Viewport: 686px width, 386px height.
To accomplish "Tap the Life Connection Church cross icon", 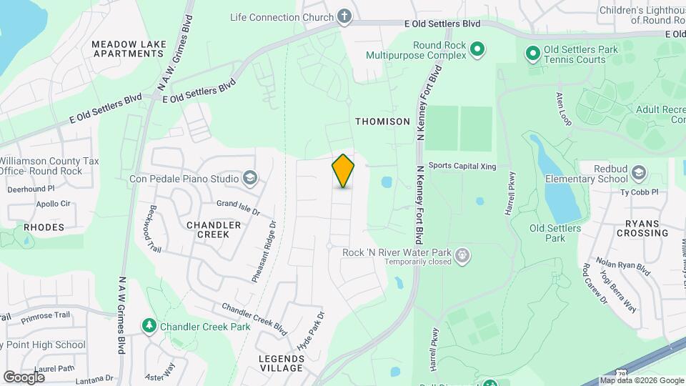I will pos(344,16).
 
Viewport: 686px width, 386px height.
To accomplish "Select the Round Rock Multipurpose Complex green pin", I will pos(477,49).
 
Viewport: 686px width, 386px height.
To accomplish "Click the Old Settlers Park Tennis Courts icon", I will pos(532,54).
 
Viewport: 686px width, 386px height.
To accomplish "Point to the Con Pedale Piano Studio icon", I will pos(250,178).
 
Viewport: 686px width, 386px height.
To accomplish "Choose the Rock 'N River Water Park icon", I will pos(463,254).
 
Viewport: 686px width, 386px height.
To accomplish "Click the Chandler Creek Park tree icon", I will pos(149,327).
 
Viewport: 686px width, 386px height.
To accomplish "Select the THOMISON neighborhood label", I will pos(383,122).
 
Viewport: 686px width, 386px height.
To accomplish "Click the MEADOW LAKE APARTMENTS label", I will pos(129,49).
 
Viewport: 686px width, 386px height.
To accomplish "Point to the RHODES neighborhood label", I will pos(44,227).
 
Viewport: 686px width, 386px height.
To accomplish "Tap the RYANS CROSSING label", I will pos(642,228).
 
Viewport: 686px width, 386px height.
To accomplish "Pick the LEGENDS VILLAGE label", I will pos(282,362).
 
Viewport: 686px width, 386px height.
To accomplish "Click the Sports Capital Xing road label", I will pos(462,165).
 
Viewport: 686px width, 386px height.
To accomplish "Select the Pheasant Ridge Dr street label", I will pos(264,252).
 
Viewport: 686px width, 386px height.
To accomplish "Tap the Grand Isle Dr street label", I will pos(238,208).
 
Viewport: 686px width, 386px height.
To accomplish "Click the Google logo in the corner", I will pos(24,377).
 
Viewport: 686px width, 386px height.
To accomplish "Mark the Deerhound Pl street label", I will pos(31,189).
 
